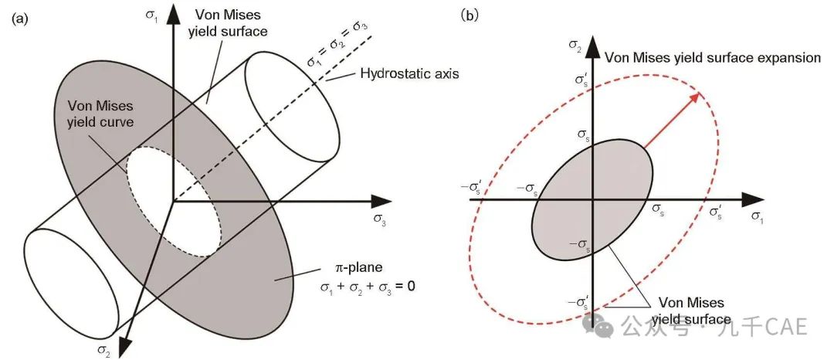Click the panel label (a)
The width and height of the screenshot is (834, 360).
pyautogui.click(x=19, y=19)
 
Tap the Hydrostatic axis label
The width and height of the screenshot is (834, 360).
pyautogui.click(x=409, y=73)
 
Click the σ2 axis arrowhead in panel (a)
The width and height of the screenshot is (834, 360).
pyautogui.click(x=124, y=345)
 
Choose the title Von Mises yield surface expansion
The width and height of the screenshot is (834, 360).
pyautogui.click(x=713, y=57)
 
